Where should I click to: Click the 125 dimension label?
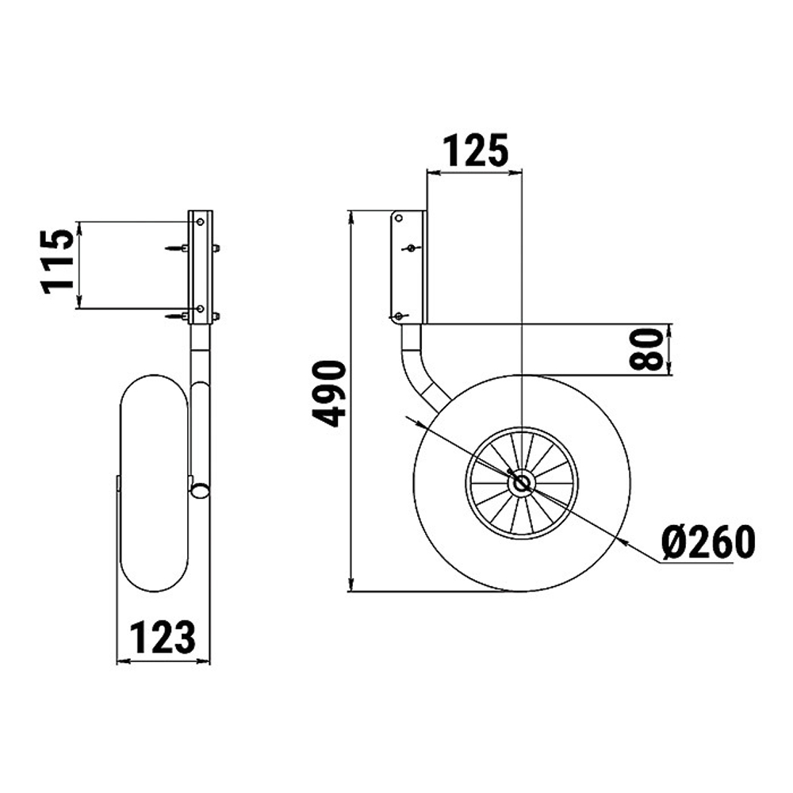click(475, 150)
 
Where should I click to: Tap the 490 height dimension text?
click(329, 393)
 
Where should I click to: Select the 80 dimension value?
click(646, 350)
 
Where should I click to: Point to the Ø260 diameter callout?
click(708, 542)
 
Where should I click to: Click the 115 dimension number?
click(58, 262)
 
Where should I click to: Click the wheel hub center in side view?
click(521, 484)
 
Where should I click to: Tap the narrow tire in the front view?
click(155, 483)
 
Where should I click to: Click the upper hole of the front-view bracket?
click(201, 222)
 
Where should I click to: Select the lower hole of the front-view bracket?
click(201, 308)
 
